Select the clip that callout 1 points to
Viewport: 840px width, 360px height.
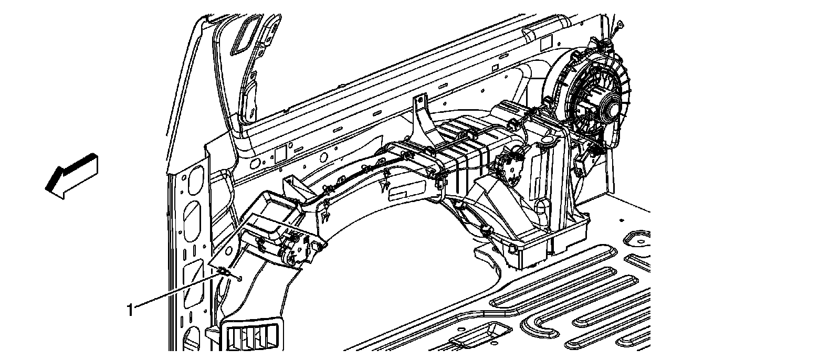pos(223,271)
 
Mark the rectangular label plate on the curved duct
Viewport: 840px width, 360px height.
pos(408,188)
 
